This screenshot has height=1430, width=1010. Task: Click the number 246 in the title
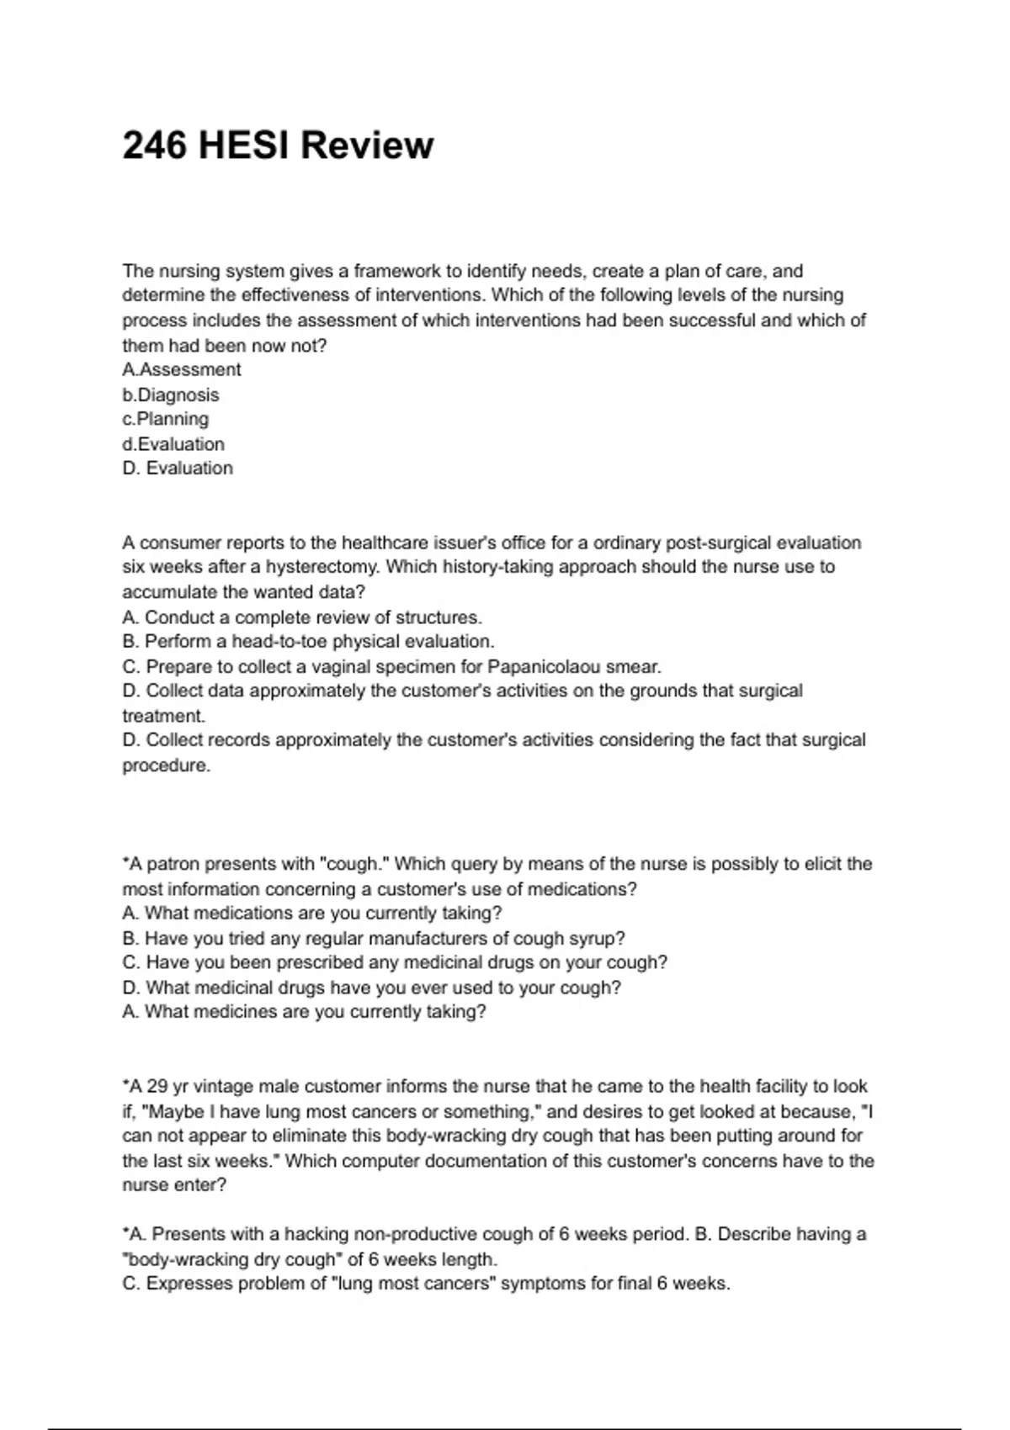(x=155, y=146)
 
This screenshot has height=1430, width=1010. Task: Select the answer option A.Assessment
(x=182, y=370)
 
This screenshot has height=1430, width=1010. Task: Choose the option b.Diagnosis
(x=171, y=395)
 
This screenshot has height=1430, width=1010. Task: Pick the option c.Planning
(x=166, y=419)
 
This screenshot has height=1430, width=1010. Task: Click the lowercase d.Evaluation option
(x=173, y=444)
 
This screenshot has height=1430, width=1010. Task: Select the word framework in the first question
(x=396, y=271)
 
